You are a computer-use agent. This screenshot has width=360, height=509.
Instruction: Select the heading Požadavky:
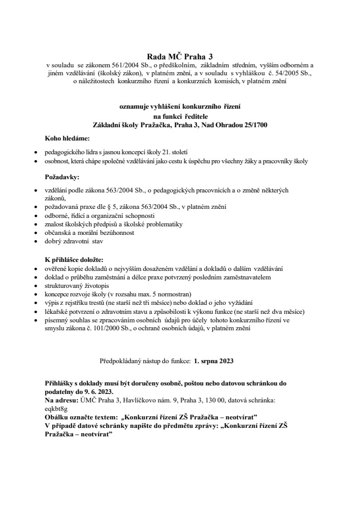click(x=63, y=176)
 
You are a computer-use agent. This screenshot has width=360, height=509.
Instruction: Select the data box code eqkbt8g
click(x=57, y=408)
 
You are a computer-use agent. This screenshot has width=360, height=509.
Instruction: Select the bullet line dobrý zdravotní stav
click(x=74, y=241)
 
